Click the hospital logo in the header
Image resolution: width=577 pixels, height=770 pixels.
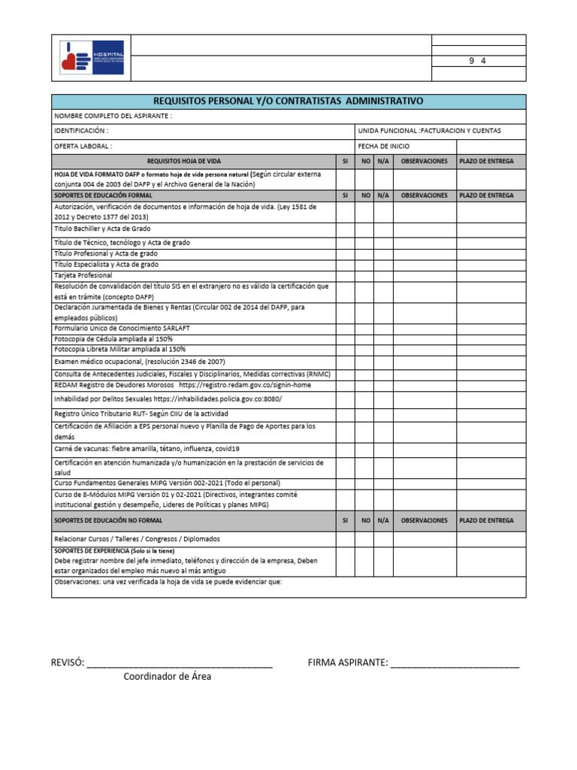[x=92, y=58]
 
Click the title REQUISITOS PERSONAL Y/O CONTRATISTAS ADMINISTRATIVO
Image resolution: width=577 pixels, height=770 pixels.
[x=288, y=101]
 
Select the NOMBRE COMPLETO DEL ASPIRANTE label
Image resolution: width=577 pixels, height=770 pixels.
[x=113, y=116]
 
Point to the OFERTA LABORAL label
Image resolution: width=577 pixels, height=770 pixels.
[x=83, y=146]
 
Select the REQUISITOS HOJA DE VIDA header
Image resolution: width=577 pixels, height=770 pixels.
[x=184, y=161]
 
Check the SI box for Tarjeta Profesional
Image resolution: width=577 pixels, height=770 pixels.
[x=345, y=275]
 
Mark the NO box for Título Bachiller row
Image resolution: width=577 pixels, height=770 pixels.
[x=365, y=228]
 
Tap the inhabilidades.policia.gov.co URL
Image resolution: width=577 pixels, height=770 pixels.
[x=218, y=399]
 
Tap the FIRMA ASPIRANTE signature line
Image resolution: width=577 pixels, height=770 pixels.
[x=455, y=662]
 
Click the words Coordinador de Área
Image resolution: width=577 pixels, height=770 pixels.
[x=168, y=677]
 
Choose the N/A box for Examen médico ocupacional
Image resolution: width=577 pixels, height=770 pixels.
[x=383, y=362]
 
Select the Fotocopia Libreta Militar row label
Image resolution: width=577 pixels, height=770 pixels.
[x=120, y=350]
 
